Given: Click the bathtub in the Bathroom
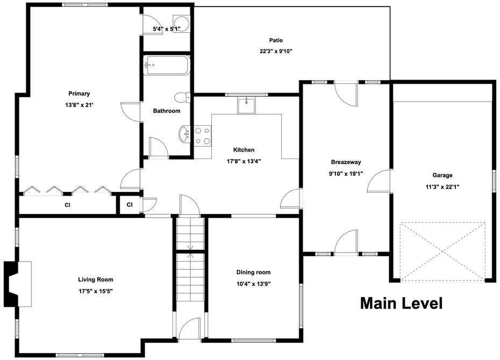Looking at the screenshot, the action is click(x=167, y=66).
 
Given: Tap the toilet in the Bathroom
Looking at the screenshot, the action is click(x=182, y=97).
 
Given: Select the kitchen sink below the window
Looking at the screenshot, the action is click(x=246, y=106).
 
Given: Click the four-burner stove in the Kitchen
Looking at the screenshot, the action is click(x=203, y=136).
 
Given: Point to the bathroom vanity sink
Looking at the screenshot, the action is click(x=184, y=134).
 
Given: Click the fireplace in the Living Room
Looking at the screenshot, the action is click(x=18, y=284).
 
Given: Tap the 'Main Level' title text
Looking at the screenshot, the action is click(x=402, y=303).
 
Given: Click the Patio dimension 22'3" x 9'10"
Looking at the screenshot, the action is click(x=276, y=51).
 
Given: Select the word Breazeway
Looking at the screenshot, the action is click(x=346, y=162).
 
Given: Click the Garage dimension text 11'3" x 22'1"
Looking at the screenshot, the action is click(x=442, y=186).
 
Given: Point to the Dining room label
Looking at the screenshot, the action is click(x=253, y=272).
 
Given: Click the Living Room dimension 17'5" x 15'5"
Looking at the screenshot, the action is click(x=96, y=291).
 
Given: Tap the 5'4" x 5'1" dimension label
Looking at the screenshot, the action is click(x=167, y=29).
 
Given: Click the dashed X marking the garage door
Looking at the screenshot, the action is click(x=442, y=251).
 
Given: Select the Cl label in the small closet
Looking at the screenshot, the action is click(x=130, y=205).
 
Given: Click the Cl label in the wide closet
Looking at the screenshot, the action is click(x=67, y=205).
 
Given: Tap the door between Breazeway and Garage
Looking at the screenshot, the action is click(x=380, y=181).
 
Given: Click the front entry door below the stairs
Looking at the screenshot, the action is click(x=189, y=329).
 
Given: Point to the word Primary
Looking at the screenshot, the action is click(x=79, y=93).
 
